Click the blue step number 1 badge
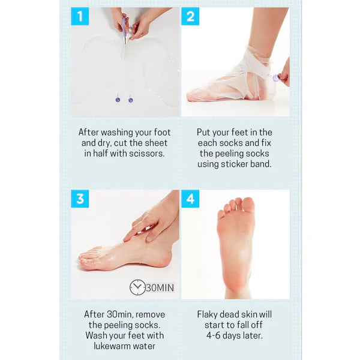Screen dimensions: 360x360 pyautogui.click(x=80, y=17)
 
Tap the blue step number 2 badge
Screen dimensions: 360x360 pyautogui.click(x=190, y=17)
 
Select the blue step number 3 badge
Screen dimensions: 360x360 pyautogui.click(x=80, y=199)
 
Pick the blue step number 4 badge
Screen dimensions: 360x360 pyautogui.click(x=190, y=199)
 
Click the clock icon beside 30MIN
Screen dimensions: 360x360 pyautogui.click(x=137, y=287)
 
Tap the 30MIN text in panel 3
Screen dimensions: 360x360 pyautogui.click(x=160, y=288)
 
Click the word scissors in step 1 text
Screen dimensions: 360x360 pyautogui.click(x=148, y=154)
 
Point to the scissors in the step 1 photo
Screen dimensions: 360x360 pyautogui.click(x=125, y=36)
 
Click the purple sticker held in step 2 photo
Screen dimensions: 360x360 pyautogui.click(x=275, y=77)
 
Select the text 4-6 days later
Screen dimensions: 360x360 pyautogui.click(x=235, y=336)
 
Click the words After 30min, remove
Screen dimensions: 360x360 pyautogui.click(x=125, y=314)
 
